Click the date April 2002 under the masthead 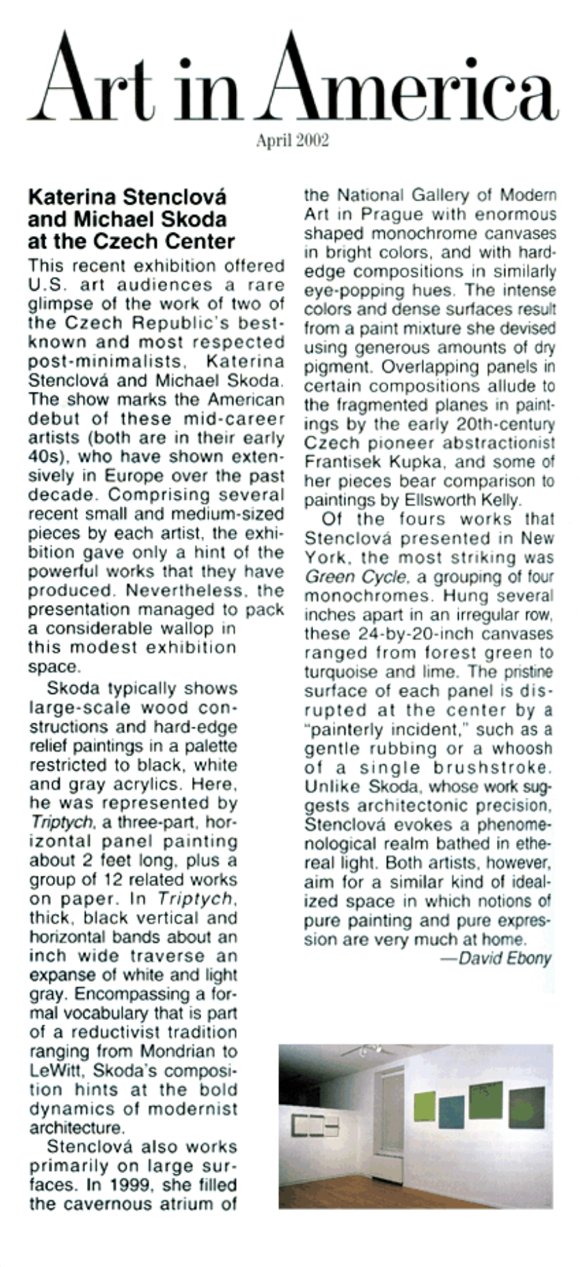pyautogui.click(x=292, y=141)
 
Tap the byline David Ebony pyautogui.click(x=505, y=959)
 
